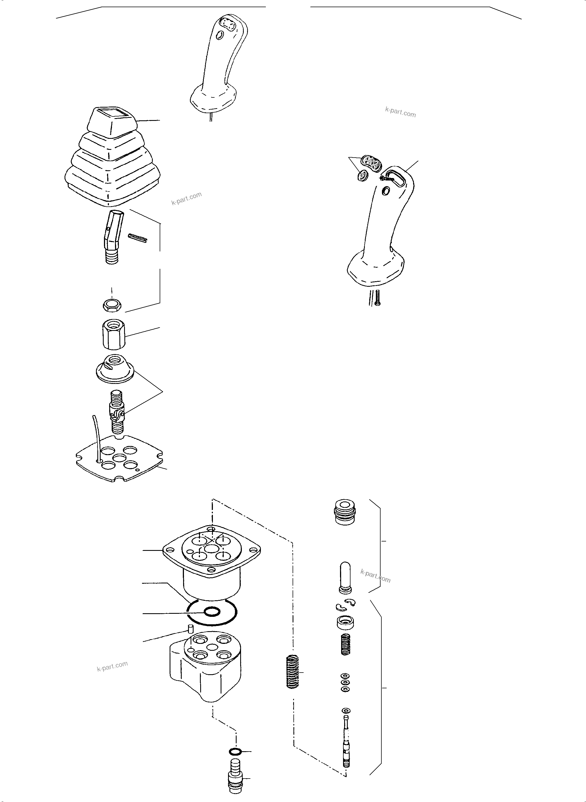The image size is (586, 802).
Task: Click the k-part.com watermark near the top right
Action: coord(400,113)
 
